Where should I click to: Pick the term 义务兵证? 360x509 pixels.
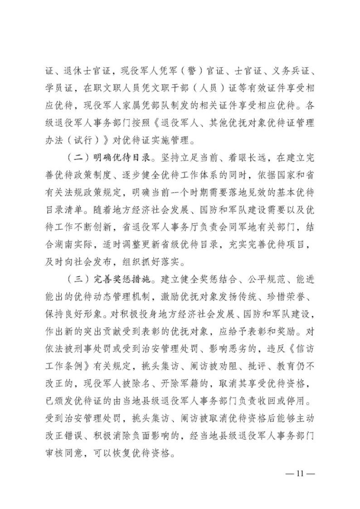(288, 72)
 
